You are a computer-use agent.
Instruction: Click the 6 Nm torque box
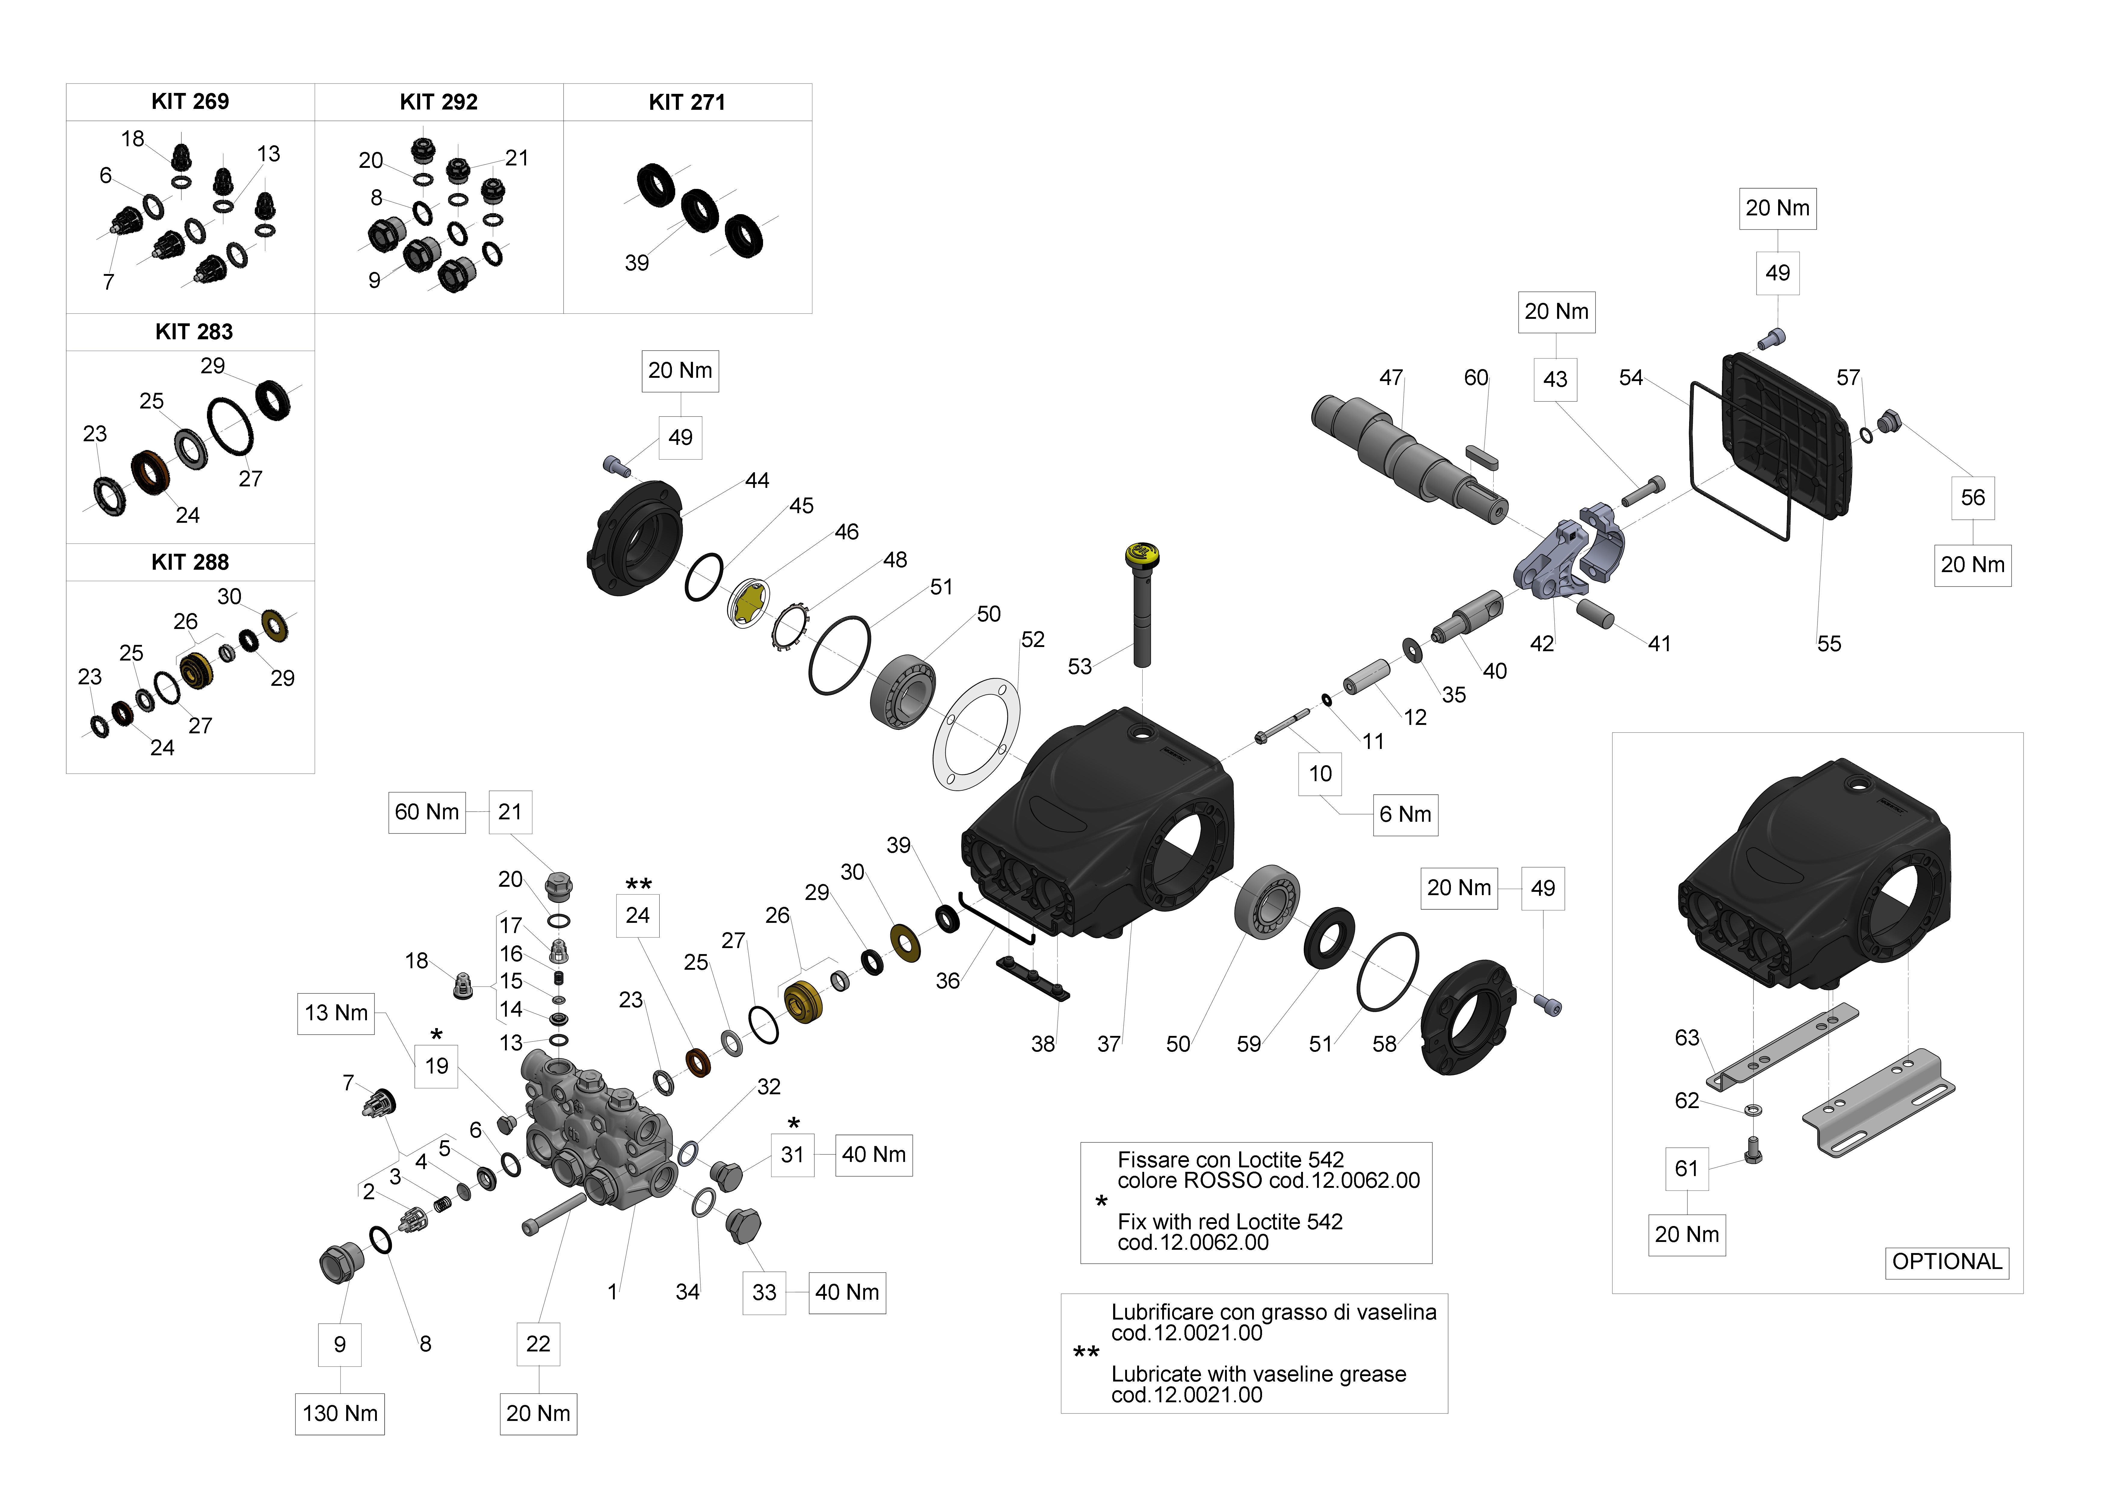(1405, 814)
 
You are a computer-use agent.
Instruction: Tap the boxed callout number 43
(1555, 379)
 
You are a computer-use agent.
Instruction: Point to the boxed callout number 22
(538, 1344)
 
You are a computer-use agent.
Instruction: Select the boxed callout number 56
(1972, 498)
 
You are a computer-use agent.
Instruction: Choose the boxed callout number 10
(1320, 774)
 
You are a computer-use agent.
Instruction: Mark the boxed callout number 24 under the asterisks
(637, 915)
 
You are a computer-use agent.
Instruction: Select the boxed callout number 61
(1686, 1168)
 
